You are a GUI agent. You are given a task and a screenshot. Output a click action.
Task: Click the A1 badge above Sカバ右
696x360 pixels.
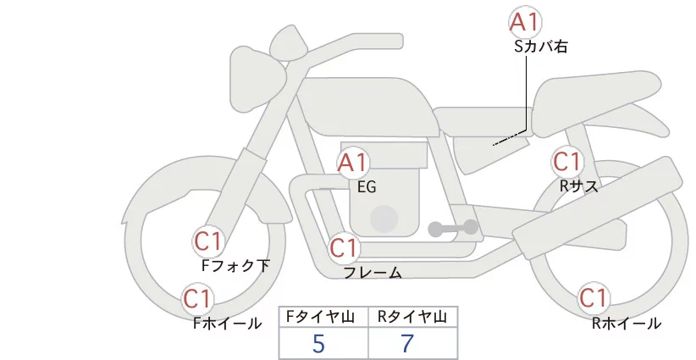(524, 23)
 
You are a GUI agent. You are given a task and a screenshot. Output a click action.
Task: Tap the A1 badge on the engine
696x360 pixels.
(353, 163)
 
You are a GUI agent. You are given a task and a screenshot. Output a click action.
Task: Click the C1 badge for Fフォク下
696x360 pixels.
(208, 241)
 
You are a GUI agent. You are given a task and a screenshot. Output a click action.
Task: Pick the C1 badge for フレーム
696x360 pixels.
(344, 248)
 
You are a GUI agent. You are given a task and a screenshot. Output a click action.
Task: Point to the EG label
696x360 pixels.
(367, 187)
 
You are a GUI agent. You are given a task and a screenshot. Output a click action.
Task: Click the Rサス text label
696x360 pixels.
(579, 186)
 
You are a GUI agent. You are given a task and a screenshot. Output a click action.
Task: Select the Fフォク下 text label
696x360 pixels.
(235, 266)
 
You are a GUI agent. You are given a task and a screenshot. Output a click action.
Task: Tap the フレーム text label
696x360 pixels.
(373, 273)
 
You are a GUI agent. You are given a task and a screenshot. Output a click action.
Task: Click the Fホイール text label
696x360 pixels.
(227, 323)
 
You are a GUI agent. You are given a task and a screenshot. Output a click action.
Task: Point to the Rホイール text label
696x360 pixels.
(626, 323)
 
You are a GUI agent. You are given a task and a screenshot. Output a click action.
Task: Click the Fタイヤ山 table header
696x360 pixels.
(323, 317)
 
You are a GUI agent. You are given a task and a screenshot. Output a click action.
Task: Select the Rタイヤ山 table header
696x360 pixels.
(412, 317)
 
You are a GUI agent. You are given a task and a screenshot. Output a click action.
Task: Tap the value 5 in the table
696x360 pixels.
(318, 344)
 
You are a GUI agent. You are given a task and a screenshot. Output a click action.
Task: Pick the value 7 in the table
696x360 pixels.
(408, 344)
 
